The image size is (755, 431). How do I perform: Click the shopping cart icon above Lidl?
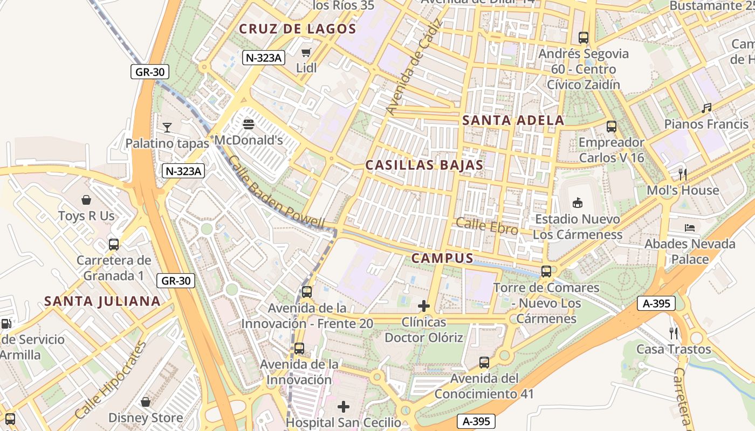[306, 52]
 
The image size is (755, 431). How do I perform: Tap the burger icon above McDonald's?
[249, 124]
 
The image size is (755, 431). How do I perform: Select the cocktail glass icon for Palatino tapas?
[167, 128]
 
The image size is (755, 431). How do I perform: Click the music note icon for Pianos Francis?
[706, 108]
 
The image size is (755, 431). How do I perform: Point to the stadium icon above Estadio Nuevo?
[578, 203]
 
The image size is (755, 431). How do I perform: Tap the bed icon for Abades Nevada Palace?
[690, 228]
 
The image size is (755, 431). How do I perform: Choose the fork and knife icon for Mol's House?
[683, 174]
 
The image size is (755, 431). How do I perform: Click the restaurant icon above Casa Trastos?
[673, 333]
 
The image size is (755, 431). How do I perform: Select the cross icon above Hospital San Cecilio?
[344, 406]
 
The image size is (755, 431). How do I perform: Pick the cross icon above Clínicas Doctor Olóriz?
[424, 306]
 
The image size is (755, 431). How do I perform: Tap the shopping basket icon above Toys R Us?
[86, 200]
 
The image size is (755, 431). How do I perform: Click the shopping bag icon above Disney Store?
[146, 402]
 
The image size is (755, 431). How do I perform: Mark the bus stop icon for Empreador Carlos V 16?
[612, 127]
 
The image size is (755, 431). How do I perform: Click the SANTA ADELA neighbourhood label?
[513, 120]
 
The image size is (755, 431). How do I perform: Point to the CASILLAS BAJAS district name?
[424, 165]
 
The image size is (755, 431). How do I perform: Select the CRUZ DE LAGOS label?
[298, 29]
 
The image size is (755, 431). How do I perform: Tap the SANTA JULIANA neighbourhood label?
[102, 301]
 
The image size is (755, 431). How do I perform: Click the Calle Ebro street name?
[487, 226]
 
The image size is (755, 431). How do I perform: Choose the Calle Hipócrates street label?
[111, 380]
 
